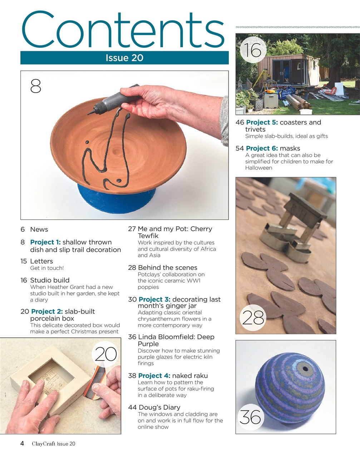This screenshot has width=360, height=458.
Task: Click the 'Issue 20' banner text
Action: click(124, 58)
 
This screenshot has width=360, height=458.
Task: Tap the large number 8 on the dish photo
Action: click(36, 86)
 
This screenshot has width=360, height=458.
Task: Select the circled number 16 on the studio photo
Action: click(253, 50)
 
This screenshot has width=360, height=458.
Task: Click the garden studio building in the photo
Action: click(286, 70)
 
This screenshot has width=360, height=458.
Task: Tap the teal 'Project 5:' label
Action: click(262, 122)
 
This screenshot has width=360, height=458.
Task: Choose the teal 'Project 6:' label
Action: click(262, 148)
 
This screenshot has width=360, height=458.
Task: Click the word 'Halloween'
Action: click(258, 168)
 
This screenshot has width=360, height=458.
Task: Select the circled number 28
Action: click(253, 317)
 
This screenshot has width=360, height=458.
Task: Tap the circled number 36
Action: click(250, 417)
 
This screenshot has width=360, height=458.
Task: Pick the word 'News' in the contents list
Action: click(39, 230)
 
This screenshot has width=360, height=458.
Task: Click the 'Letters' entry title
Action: click(41, 262)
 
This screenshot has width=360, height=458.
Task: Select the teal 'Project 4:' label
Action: click(154, 376)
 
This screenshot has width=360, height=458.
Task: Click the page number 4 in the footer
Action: click(22, 444)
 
